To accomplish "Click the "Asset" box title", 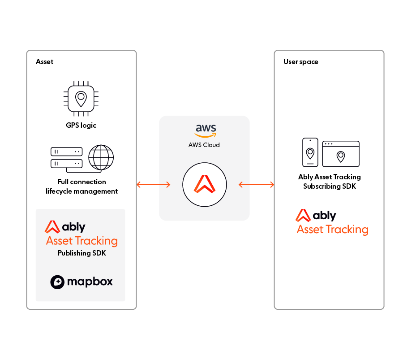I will [44, 61].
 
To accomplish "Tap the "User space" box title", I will [301, 61].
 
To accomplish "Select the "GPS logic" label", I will [81, 125].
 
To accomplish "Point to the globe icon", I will [101, 157].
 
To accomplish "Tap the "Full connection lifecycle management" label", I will [82, 187].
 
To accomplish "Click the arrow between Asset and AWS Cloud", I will [153, 184].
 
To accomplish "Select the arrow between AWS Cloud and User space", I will [256, 184].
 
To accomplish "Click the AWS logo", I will [205, 130].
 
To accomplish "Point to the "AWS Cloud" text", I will [204, 145].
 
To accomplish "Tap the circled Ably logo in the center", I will [204, 185].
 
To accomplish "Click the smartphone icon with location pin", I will [310, 152].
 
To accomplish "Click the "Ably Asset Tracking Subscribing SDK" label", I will [329, 182].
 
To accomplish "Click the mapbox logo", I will [81, 282].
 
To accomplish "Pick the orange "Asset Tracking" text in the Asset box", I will [82, 241].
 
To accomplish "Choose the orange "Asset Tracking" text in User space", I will [332, 230].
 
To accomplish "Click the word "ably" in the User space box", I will [325, 216].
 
